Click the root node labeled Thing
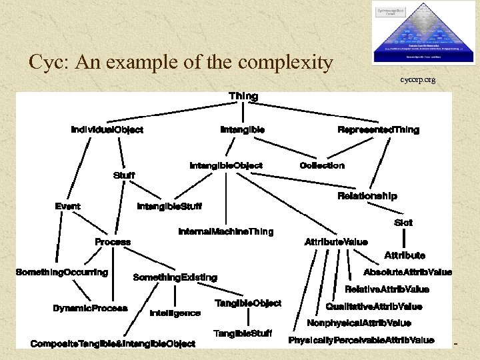(x=243, y=96)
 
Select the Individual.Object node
(x=107, y=129)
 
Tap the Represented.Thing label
(x=378, y=129)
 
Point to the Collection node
(x=322, y=165)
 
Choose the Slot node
(x=403, y=223)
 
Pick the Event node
(x=68, y=206)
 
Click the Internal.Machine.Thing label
(x=226, y=231)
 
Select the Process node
(x=113, y=241)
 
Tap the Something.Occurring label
(x=62, y=272)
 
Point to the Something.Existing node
(x=175, y=277)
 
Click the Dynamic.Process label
(x=90, y=308)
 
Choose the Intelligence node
(x=175, y=313)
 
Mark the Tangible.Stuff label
(x=243, y=333)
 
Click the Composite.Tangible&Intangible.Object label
(x=113, y=343)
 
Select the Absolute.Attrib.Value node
(x=407, y=272)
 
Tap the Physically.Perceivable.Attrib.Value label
(x=361, y=340)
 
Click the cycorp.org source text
(x=418, y=80)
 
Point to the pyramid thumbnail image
(x=425, y=33)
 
